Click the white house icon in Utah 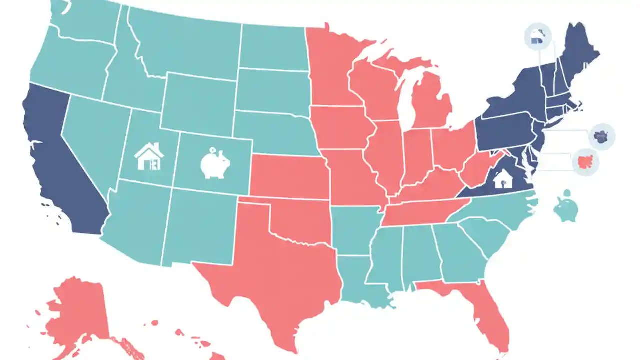149,157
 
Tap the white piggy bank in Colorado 215,163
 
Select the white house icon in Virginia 502,178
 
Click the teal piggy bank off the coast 566,206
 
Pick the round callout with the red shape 584,162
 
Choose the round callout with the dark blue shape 601,136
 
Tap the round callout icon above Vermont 538,37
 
